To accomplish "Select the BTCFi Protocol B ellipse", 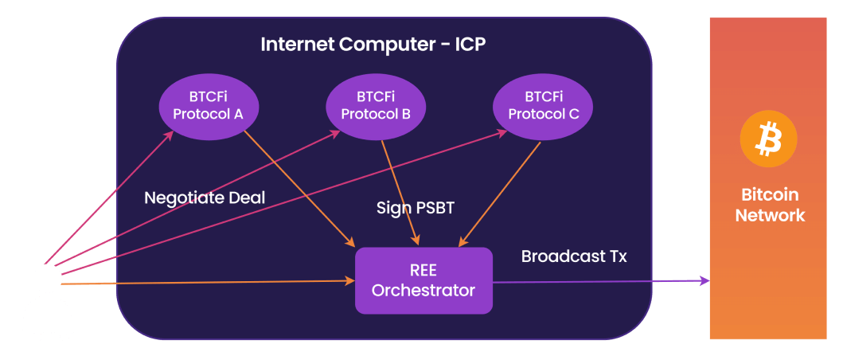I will click(376, 105).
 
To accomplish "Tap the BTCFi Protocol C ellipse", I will click(543, 105).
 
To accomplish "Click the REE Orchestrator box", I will click(423, 280).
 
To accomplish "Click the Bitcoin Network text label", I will click(770, 205).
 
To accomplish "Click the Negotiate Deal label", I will click(205, 198).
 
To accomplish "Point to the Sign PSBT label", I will click(416, 208).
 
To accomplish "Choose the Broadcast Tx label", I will click(574, 256).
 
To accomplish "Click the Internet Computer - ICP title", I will click(373, 44).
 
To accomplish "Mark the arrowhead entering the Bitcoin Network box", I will click(704, 280).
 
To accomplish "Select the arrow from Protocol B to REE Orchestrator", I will click(400, 191).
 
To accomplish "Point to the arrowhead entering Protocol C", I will click(503, 133).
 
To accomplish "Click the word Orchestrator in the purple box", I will click(423, 291).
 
